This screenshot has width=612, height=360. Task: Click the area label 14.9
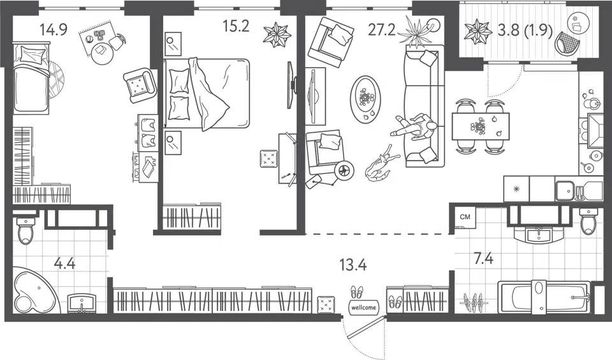(54, 29)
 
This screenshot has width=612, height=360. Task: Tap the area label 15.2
(236, 26)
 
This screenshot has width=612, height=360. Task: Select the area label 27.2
(382, 29)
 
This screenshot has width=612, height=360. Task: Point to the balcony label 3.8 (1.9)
(525, 31)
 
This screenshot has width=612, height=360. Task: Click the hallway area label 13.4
(353, 265)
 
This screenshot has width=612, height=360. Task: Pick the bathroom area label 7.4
(483, 258)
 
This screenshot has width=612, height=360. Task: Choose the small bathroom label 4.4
(64, 263)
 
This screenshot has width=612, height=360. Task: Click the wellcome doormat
(363, 307)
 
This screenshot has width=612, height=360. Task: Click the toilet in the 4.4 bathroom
(25, 231)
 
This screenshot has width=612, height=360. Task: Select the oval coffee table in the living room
(365, 100)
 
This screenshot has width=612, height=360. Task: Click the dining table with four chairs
(481, 126)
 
